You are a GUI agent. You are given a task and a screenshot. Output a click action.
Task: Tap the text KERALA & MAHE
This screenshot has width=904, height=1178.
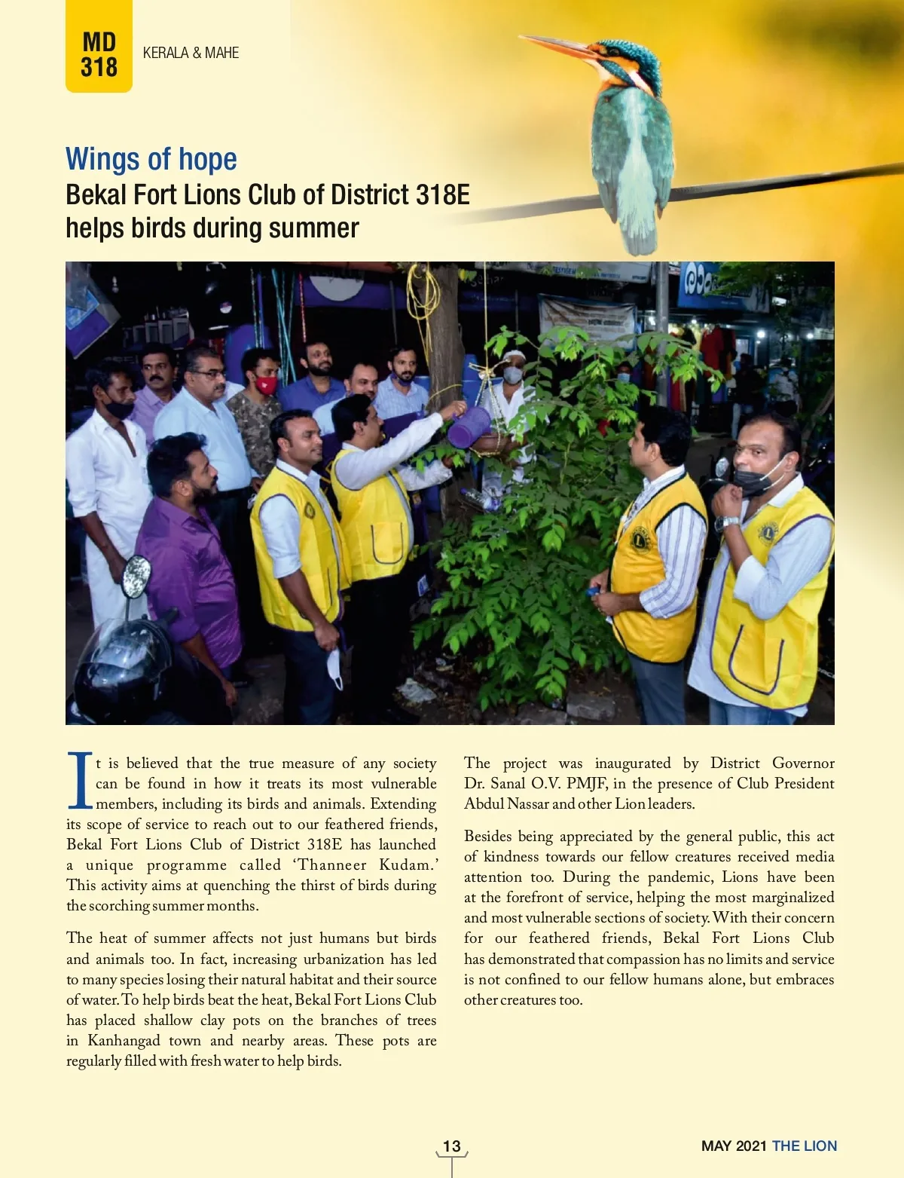pos(191,53)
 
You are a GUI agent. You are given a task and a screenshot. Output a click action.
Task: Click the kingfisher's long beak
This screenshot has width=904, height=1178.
pos(558,46)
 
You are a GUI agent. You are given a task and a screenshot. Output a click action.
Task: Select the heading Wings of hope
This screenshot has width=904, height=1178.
pos(151,159)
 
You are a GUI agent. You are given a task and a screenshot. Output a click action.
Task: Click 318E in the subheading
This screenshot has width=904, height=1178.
pos(442,194)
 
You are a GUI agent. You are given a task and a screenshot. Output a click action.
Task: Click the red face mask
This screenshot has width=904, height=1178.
pos(266,385)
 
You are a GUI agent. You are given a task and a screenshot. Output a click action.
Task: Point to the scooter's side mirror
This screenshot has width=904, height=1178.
pos(136,577)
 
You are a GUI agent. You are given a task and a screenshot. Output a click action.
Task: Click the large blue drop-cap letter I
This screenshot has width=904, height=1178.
pos(80,780)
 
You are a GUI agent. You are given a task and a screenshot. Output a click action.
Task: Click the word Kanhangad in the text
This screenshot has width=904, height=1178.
pos(124,1041)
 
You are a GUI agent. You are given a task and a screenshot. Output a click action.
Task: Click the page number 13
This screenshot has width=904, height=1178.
pos(451,1146)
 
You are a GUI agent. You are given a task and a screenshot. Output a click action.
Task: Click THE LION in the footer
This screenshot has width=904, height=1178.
pos(805,1146)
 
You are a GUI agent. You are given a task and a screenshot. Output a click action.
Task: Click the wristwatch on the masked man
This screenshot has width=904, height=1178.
pos(725,523)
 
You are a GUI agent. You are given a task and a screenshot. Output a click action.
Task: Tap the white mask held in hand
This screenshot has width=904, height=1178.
pos(334,668)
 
